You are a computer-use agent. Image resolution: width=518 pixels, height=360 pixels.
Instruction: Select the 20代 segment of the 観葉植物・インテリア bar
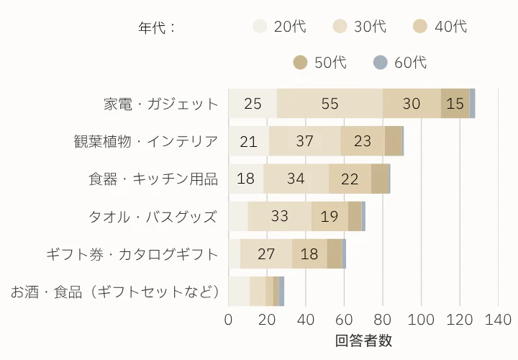click(x=249, y=141)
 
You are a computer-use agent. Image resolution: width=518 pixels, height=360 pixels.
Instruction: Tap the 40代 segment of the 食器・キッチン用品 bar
click(x=350, y=179)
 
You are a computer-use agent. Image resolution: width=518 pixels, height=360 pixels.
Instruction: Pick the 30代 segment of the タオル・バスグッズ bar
click(x=280, y=216)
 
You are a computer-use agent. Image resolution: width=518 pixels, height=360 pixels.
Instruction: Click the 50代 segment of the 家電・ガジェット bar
click(x=455, y=104)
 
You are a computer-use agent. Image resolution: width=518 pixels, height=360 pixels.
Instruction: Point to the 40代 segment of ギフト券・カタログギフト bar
click(x=309, y=253)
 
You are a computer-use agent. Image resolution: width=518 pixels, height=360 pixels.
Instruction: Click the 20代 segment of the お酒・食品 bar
click(x=239, y=291)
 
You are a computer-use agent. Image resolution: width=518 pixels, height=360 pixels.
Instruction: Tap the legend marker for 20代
click(x=260, y=27)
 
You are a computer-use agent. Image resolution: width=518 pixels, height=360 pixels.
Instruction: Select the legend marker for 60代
click(x=381, y=63)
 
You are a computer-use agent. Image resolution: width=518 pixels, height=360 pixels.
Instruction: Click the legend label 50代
click(x=330, y=63)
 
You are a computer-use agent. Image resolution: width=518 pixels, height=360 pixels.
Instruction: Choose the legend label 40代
click(x=451, y=27)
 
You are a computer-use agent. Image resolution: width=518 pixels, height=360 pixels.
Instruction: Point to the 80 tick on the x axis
click(x=383, y=320)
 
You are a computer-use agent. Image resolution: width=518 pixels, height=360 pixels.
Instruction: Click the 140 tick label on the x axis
click(x=498, y=320)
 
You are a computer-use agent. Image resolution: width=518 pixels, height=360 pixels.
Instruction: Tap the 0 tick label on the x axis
click(x=229, y=320)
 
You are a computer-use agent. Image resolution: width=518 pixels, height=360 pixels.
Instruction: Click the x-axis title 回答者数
click(x=363, y=341)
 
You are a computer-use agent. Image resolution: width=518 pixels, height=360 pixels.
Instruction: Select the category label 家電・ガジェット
click(x=160, y=104)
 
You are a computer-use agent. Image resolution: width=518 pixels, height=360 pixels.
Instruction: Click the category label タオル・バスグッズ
click(x=153, y=216)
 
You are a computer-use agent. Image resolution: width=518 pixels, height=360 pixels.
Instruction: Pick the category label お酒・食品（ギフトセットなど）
click(x=114, y=292)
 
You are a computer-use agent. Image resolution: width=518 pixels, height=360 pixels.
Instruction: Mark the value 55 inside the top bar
click(x=330, y=104)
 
